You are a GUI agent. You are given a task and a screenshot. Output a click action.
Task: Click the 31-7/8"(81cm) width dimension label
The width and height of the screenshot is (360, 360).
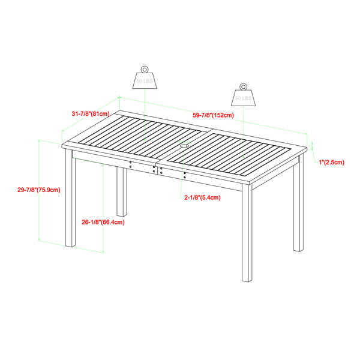(x=90, y=113)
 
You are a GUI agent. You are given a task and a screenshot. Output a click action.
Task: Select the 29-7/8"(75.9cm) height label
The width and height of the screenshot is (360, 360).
(x=38, y=190)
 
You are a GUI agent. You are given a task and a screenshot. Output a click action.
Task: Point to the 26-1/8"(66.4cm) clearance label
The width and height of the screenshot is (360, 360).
(x=103, y=222)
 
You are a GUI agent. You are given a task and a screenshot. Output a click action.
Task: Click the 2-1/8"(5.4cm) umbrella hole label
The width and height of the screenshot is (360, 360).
(x=202, y=197)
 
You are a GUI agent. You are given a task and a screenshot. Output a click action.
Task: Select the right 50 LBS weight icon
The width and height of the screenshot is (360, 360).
(x=242, y=96)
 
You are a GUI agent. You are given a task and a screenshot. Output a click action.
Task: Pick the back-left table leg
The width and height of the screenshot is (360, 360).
(x=122, y=191)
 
